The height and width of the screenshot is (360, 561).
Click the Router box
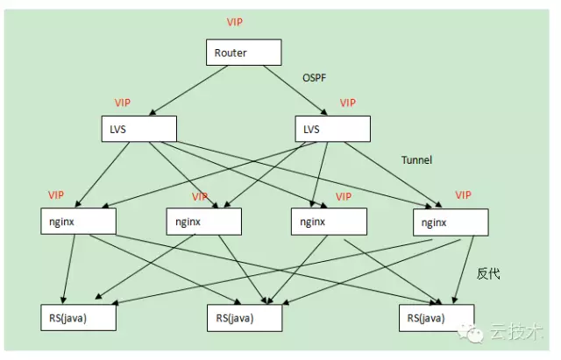click(244, 53)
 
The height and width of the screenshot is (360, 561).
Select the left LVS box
click(138, 129)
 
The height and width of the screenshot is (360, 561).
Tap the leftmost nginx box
click(78, 221)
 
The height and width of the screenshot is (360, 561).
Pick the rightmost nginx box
click(450, 222)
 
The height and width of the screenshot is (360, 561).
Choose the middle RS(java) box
click(245, 316)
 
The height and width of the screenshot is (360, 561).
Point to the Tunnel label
click(416, 160)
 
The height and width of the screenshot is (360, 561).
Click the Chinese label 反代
click(487, 273)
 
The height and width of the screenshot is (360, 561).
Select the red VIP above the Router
click(235, 20)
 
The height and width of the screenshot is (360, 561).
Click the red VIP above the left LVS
click(123, 102)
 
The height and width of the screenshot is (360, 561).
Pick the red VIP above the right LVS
click(347, 102)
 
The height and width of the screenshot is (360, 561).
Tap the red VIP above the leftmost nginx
click(57, 194)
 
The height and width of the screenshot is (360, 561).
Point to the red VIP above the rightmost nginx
click(464, 194)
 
